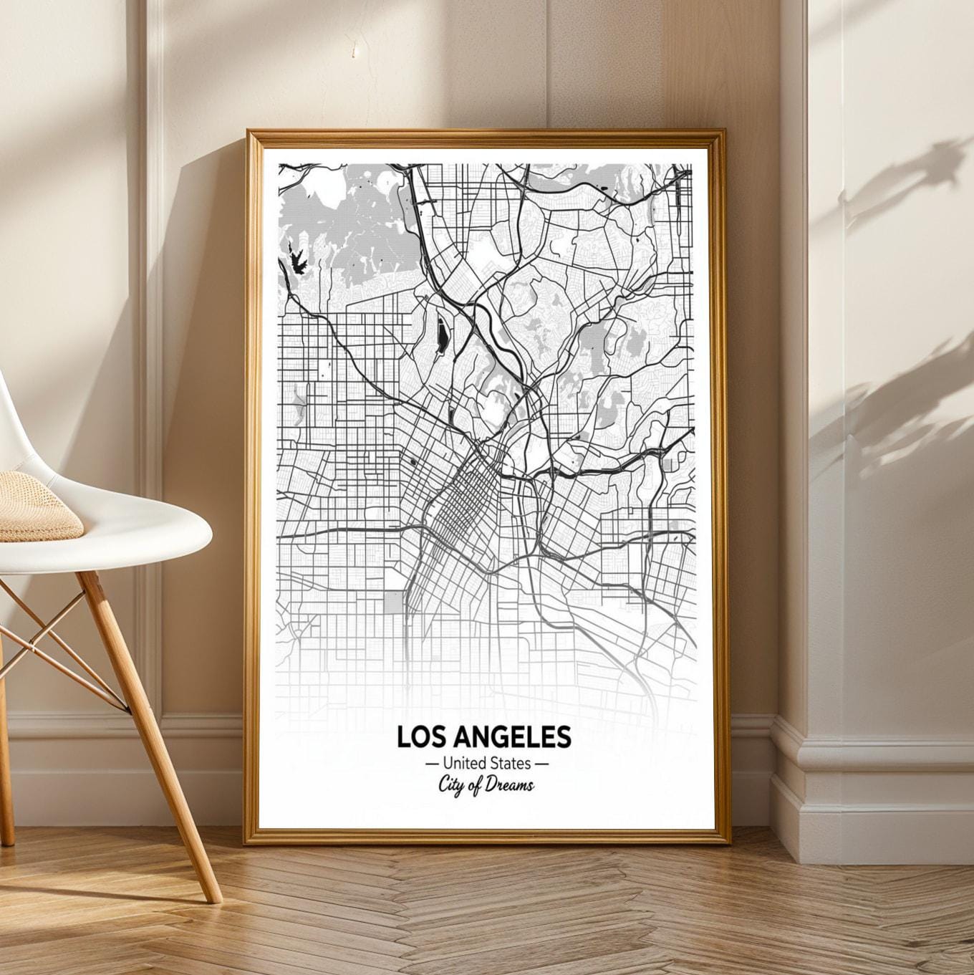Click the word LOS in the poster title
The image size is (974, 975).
tap(420, 736)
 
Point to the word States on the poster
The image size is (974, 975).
tap(511, 763)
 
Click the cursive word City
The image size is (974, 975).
tap(453, 784)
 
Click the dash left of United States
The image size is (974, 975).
tap(432, 764)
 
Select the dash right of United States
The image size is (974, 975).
tap(542, 764)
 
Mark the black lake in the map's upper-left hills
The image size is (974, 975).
tap(295, 259)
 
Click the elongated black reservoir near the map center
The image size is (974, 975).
tap(442, 334)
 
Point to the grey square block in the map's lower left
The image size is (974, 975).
tap(394, 602)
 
